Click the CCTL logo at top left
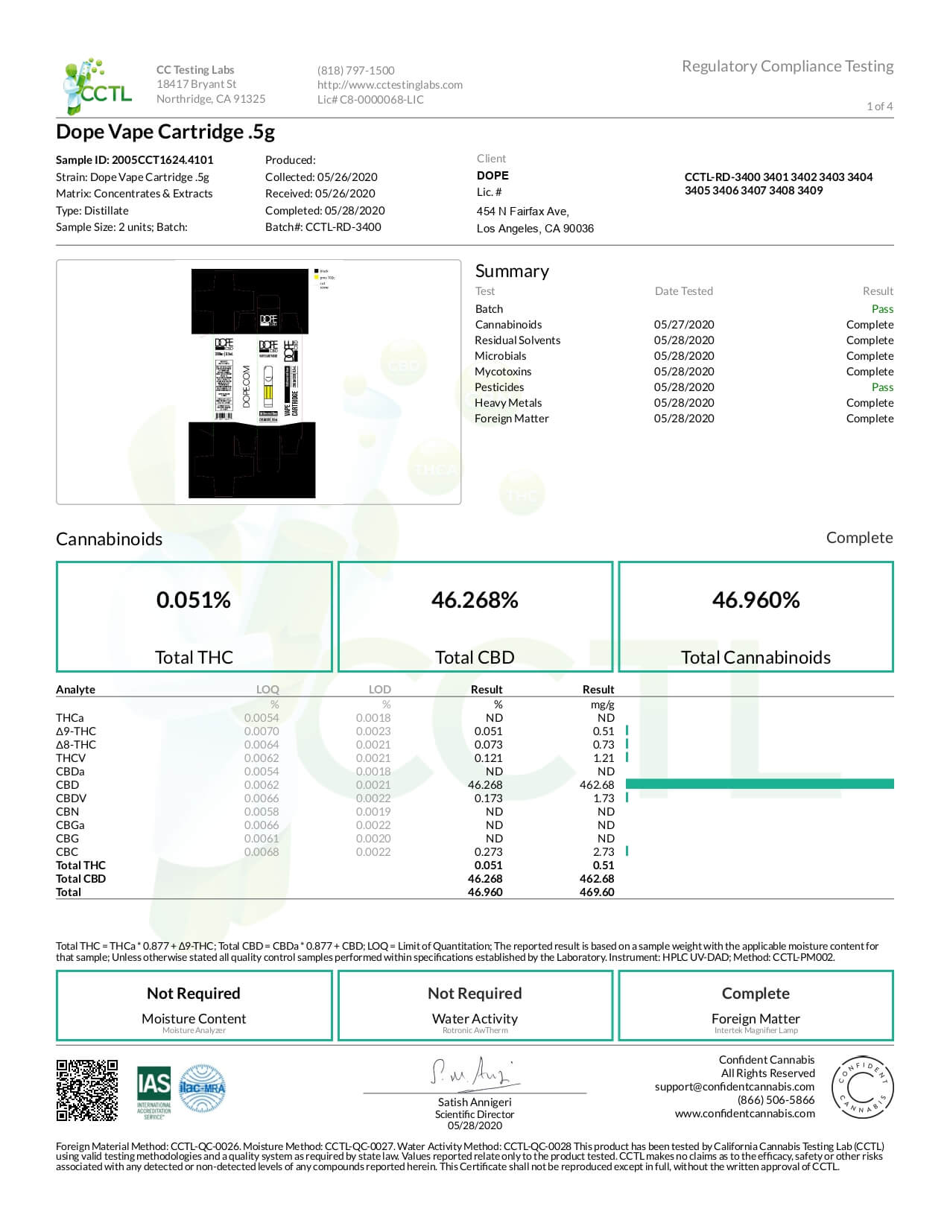click(x=97, y=86)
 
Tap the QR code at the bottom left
click(x=87, y=1090)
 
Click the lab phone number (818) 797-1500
click(x=355, y=71)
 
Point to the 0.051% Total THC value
click(x=194, y=600)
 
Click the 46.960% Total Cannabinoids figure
click(x=756, y=600)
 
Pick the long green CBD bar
click(x=759, y=784)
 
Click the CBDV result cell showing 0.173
click(x=488, y=798)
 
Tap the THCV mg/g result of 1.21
click(x=604, y=758)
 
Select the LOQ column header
click(x=267, y=690)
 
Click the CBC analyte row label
click(x=67, y=851)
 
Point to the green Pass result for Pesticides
click(x=882, y=387)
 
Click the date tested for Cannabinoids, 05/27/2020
click(x=684, y=325)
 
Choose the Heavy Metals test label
click(x=508, y=403)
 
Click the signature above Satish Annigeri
click(x=474, y=1073)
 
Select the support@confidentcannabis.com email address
click(x=734, y=1087)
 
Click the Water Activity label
click(x=475, y=1019)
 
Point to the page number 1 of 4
click(x=879, y=106)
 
